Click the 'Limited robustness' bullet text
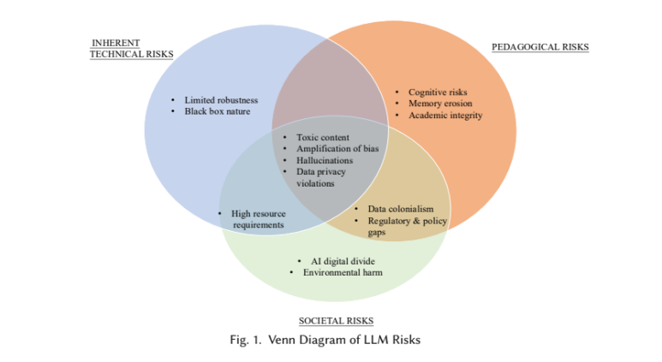click(x=221, y=100)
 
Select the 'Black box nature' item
click(x=218, y=111)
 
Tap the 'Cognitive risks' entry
click(x=438, y=92)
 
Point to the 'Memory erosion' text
click(x=439, y=104)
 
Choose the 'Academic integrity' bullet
click(x=445, y=115)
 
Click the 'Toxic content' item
click(x=322, y=137)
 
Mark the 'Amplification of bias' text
click(x=337, y=148)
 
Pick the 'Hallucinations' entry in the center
click(x=325, y=160)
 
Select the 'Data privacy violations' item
click(x=320, y=177)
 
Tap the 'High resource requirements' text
click(x=259, y=219)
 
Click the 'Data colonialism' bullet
click(x=400, y=209)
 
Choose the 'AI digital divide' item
click(x=342, y=261)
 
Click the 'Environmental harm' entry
click(x=342, y=272)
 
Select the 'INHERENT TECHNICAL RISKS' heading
click(x=131, y=48)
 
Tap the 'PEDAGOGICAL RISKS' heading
click(x=540, y=47)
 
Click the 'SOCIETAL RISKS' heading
click(x=336, y=321)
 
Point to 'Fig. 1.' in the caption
click(x=245, y=340)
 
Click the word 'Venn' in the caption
click(x=283, y=340)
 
